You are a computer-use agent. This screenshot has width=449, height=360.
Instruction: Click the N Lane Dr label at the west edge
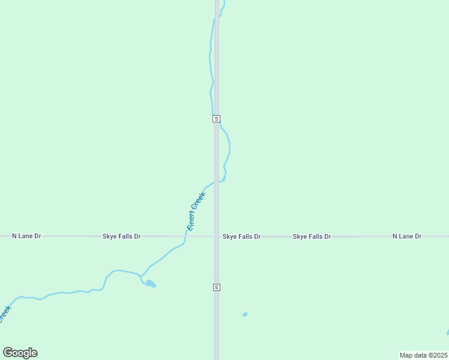pos(26,236)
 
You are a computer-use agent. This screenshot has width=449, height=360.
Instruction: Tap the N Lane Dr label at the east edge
pos(407,236)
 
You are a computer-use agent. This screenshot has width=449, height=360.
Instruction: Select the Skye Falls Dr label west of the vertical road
pos(121,236)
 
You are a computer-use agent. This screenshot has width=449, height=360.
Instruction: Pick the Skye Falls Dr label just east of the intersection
pos(241,236)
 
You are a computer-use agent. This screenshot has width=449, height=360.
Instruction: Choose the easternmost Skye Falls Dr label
pos(312,236)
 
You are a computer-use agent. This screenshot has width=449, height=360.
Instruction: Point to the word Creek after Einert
pos(200,200)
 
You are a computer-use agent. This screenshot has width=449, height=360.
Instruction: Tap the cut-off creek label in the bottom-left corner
pos(4,314)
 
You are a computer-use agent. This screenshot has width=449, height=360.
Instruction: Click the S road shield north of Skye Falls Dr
pos(217,119)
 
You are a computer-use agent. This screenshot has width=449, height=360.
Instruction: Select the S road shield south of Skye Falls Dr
pos(217,287)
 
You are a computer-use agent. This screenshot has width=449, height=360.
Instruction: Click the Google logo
pos(20,353)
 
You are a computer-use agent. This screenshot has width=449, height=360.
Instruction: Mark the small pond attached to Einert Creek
pos(150,283)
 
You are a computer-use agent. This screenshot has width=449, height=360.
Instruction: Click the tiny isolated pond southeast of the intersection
pos(244,314)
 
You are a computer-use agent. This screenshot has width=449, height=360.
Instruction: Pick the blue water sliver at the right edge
pos(447,332)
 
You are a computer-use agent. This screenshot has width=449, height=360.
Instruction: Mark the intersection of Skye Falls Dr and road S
pos(217,236)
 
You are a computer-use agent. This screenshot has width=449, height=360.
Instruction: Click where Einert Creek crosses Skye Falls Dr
pos(185,236)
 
